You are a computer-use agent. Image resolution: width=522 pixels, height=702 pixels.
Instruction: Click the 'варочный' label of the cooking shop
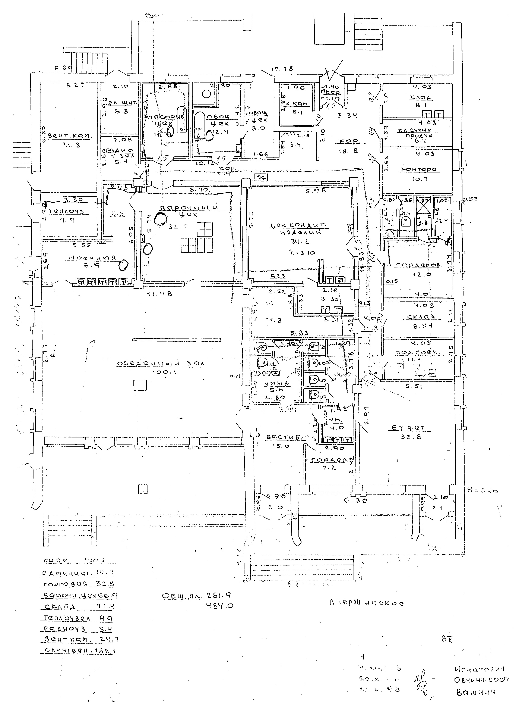click(x=190, y=208)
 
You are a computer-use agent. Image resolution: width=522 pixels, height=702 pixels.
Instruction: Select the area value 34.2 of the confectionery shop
click(x=300, y=242)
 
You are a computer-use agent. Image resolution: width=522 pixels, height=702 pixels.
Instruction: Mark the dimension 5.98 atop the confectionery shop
click(x=317, y=190)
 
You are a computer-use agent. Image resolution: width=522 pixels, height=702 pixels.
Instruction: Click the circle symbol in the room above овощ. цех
click(x=206, y=94)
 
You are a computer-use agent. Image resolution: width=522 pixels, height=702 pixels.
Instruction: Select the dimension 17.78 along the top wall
click(x=282, y=69)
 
